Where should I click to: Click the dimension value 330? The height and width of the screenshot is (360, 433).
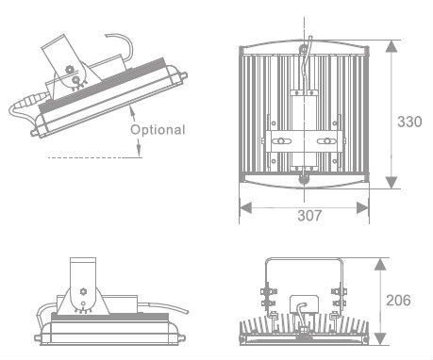[409, 122]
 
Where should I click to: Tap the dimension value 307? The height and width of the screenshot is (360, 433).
[309, 216]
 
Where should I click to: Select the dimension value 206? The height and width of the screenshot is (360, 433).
[398, 301]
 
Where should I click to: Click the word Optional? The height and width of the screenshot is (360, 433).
[158, 130]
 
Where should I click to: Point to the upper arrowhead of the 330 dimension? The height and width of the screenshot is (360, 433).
[391, 46]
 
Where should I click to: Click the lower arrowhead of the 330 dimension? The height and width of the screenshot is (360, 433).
[391, 183]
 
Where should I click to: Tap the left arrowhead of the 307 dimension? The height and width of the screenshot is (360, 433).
[245, 207]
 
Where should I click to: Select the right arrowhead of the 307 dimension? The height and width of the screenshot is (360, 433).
[362, 207]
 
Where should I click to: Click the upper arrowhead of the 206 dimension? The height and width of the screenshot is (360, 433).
[381, 264]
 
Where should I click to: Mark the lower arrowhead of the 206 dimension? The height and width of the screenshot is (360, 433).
[381, 338]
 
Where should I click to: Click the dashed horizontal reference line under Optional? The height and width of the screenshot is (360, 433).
[94, 157]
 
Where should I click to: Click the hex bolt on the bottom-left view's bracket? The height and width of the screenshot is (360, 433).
[83, 291]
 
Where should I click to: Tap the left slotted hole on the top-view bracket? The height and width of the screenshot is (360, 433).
[281, 141]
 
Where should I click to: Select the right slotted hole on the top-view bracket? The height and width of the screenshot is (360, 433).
[326, 141]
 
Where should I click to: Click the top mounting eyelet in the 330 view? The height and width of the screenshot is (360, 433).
[304, 49]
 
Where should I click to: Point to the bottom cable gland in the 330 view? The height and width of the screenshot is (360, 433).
[304, 180]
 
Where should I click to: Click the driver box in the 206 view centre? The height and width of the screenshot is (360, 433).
[304, 303]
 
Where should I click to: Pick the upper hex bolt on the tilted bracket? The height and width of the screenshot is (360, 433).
[69, 69]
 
